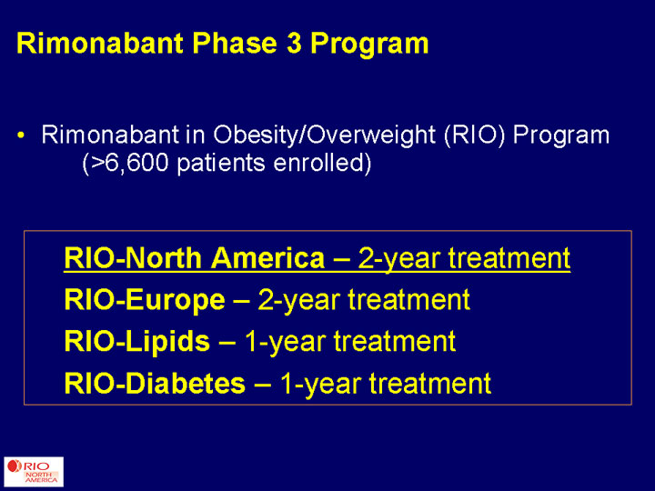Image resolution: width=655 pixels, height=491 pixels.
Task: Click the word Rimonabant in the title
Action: (x=100, y=43)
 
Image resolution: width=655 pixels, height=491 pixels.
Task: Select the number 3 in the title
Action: (x=294, y=43)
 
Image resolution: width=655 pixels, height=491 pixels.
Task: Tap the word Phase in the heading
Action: (x=235, y=43)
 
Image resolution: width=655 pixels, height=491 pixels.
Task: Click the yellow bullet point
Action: (x=21, y=135)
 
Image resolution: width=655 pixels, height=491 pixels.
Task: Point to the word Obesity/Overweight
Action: (x=325, y=135)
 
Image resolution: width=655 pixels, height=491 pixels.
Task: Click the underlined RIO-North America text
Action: (x=195, y=258)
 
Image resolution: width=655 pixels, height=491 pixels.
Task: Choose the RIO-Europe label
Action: (x=145, y=300)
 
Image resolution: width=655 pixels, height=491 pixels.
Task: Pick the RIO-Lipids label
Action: (x=137, y=342)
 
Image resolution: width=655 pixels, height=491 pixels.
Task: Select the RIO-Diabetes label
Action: (x=155, y=384)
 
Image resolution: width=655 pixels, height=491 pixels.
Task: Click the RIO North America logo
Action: (x=34, y=472)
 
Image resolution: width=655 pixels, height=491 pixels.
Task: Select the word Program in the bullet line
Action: (x=561, y=136)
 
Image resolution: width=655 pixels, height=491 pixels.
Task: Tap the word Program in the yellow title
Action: (x=369, y=44)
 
